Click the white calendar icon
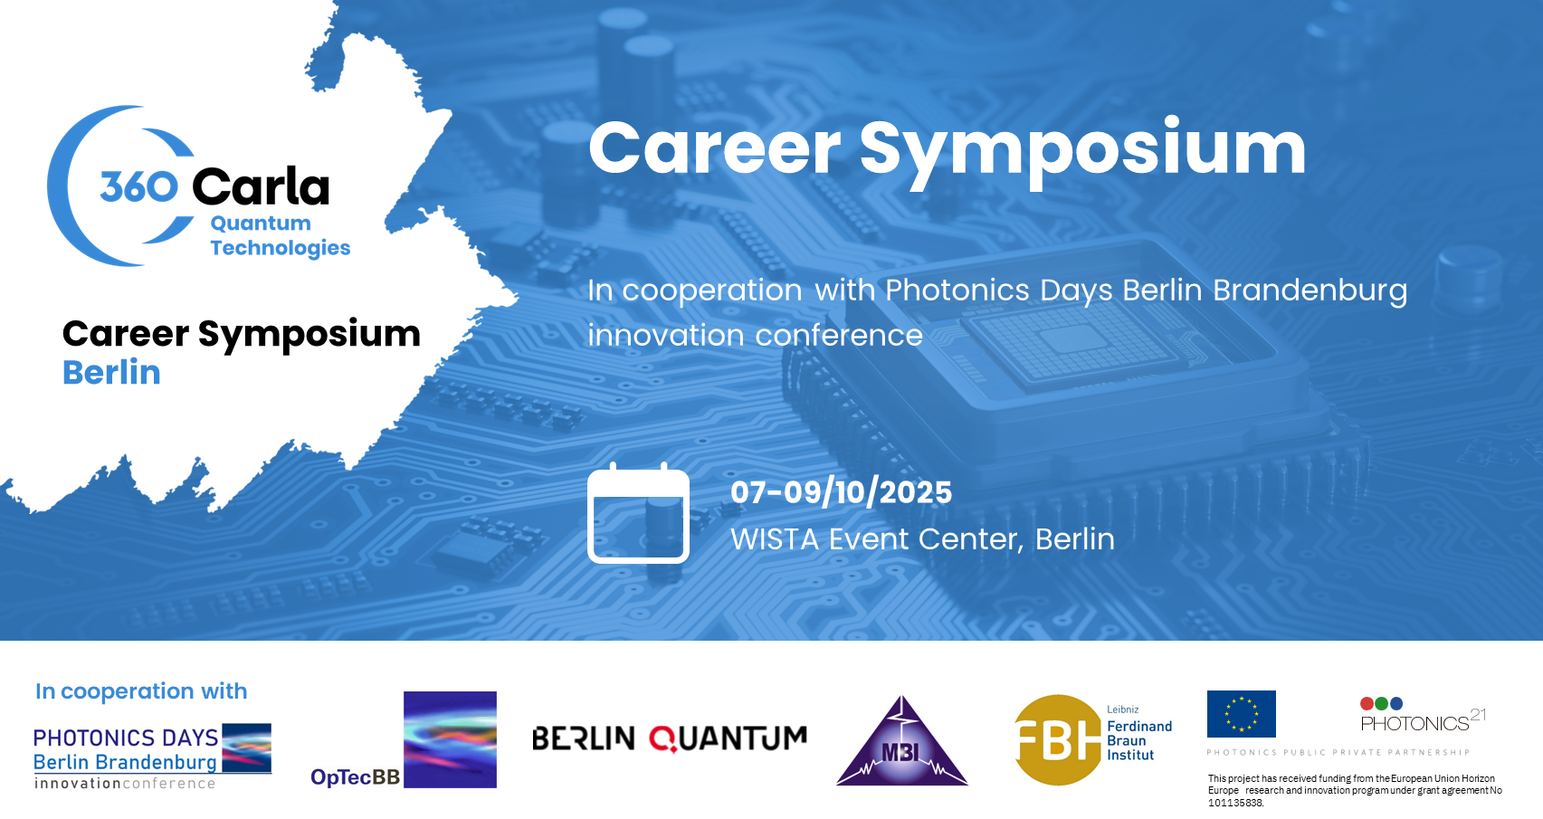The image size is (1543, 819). click(x=639, y=513)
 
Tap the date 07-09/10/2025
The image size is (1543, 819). click(x=841, y=492)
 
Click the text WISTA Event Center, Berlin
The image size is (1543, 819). click(x=922, y=539)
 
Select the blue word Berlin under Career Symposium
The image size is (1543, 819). click(x=111, y=373)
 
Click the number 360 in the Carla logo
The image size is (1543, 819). click(x=139, y=186)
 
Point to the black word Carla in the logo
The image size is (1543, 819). click(x=261, y=186)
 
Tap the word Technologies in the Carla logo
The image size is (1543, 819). click(x=281, y=248)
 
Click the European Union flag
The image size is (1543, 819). click(x=1242, y=714)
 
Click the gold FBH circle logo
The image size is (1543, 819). click(x=1057, y=740)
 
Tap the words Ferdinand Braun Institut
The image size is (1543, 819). click(x=1139, y=740)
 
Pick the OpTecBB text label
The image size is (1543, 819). click(x=355, y=777)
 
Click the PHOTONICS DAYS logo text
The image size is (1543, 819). click(x=126, y=738)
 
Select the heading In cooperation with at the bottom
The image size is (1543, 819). click(x=141, y=690)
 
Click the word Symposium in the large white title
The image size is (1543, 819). click(x=1083, y=151)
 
